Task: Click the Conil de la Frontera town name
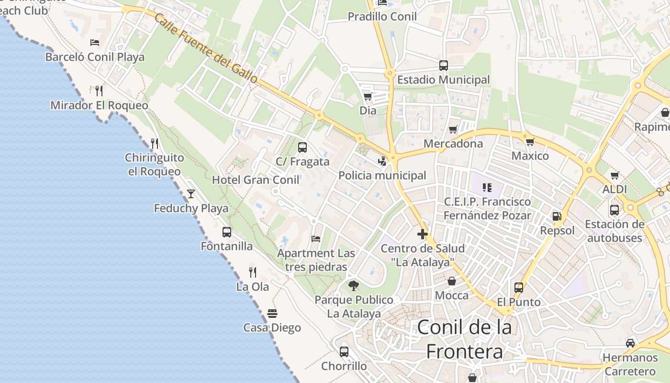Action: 465,339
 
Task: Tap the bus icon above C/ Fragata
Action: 302,147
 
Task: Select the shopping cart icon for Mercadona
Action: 453,129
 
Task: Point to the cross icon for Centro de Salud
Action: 422,234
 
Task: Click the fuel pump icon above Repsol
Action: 557,216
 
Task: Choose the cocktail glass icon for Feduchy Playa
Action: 191,194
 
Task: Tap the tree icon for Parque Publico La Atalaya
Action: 354,286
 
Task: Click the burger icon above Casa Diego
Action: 272,314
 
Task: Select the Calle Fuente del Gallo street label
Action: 206,48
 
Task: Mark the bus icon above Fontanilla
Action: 227,232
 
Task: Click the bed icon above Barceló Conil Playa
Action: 95,43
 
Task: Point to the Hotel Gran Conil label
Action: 256,180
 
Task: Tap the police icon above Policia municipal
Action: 382,161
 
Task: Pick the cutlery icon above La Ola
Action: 253,272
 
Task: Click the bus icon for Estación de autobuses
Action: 614,210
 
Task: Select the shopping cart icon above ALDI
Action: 615,175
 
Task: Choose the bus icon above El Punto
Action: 519,288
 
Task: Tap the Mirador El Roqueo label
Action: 99,105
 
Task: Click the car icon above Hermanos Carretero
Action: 630,343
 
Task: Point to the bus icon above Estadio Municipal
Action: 444,66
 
